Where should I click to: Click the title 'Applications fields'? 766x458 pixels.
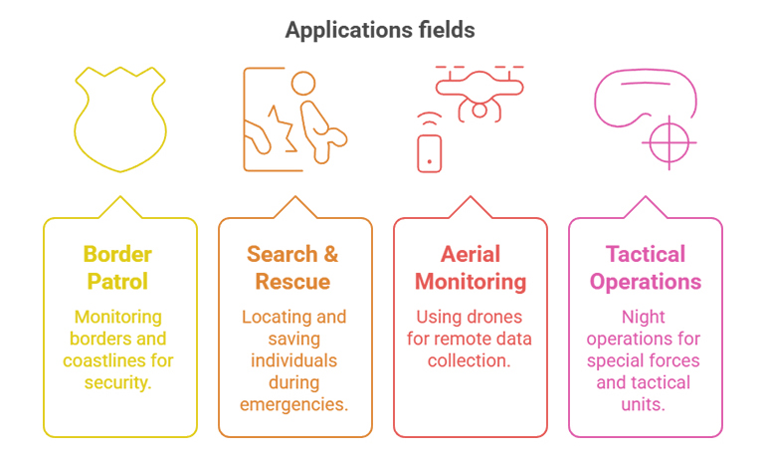coord(380,30)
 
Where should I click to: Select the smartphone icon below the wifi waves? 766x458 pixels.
coord(430,153)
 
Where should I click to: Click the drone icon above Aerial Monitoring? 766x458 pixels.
coord(479,94)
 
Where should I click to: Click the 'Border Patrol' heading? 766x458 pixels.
coord(117,268)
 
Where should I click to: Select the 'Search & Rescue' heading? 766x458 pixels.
coord(292,268)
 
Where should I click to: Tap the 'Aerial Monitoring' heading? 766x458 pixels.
coord(471,268)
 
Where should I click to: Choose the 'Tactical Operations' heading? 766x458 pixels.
coord(646,268)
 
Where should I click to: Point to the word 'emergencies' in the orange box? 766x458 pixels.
coord(292,404)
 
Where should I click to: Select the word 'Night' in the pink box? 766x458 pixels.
coord(644,318)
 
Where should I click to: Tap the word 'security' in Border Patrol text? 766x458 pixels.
coord(116,382)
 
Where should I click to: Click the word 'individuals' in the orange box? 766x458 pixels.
coord(294,360)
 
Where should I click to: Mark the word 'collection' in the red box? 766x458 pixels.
coord(467,360)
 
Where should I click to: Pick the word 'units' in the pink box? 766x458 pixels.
coord(641,404)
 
